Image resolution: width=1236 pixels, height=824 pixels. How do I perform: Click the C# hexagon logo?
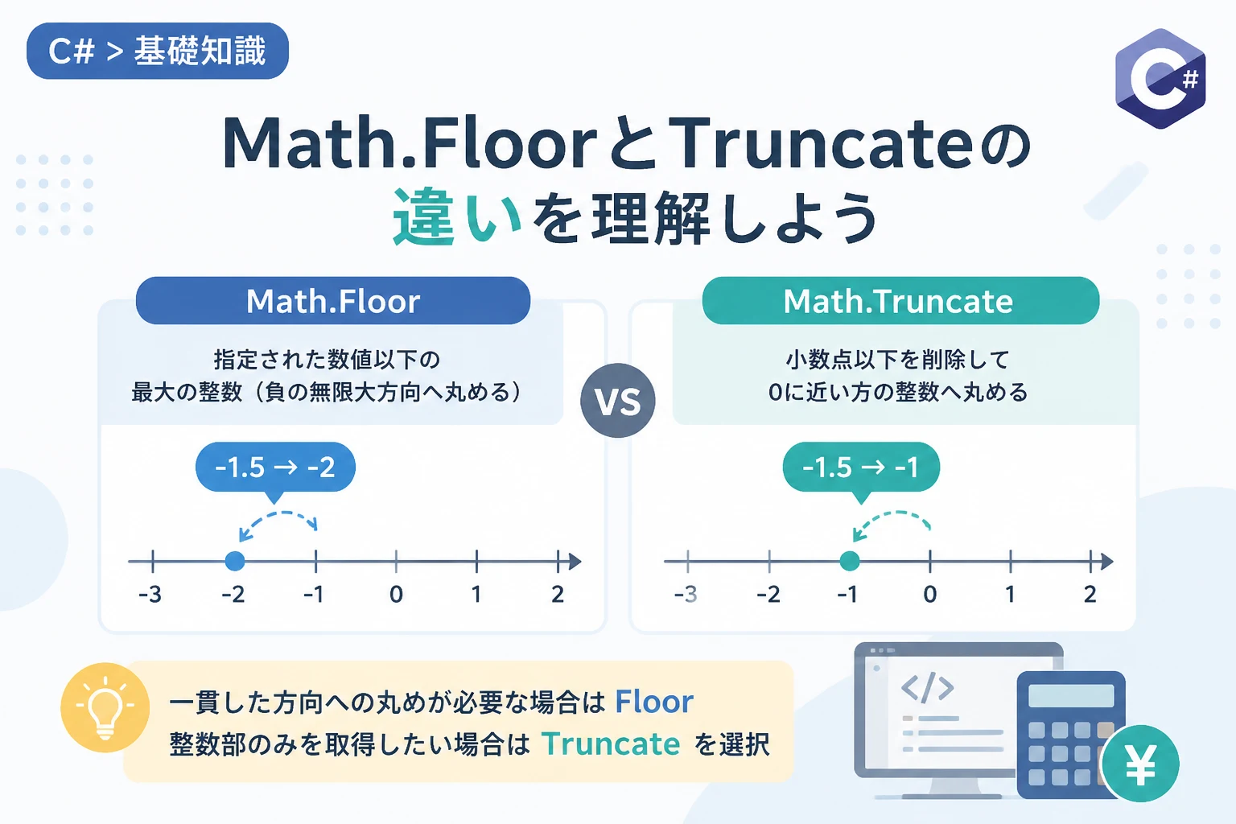click(x=1160, y=78)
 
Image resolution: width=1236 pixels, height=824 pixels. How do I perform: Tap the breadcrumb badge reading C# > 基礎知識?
click(x=157, y=51)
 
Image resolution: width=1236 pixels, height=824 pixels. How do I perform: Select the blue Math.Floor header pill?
click(x=332, y=301)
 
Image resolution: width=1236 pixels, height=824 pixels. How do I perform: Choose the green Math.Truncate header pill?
click(x=900, y=301)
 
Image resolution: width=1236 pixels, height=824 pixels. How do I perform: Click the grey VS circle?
click(x=618, y=401)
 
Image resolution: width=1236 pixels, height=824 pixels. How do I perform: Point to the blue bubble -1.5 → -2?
click(x=275, y=468)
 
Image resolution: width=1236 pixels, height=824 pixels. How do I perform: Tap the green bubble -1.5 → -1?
click(x=861, y=468)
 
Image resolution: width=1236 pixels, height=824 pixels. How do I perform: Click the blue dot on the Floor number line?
click(x=235, y=562)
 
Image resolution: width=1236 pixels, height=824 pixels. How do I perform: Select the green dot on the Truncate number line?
click(x=849, y=562)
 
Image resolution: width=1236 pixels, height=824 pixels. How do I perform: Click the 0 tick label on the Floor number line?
click(x=396, y=595)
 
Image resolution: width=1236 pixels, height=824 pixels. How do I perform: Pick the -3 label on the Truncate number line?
click(x=686, y=595)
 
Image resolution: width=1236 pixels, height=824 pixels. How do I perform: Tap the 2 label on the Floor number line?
click(x=558, y=595)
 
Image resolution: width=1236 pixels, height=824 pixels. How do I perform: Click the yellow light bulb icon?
click(x=105, y=707)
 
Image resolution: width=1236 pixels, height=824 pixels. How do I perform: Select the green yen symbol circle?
click(x=1140, y=764)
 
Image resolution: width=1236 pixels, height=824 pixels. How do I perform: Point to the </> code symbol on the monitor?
click(x=928, y=688)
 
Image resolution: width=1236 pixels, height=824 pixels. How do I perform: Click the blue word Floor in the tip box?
click(x=654, y=702)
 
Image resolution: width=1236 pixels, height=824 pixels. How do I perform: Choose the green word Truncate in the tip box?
click(x=611, y=744)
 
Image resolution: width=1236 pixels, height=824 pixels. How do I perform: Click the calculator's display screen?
click(x=1071, y=695)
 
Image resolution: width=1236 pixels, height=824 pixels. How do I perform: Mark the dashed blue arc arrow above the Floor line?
click(x=280, y=514)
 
